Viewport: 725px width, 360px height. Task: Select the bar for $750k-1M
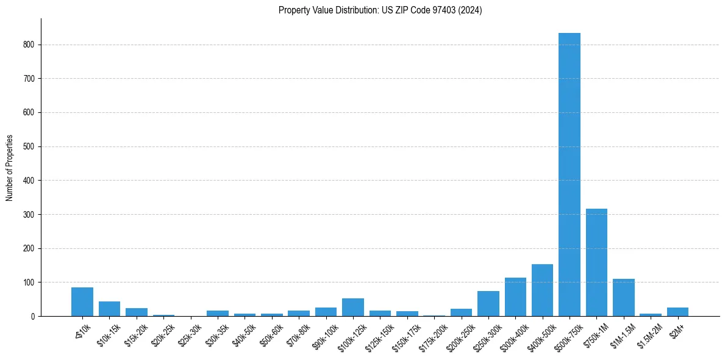[x=596, y=262]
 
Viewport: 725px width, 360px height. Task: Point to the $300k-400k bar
[x=515, y=297]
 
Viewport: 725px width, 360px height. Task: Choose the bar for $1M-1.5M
[x=623, y=298]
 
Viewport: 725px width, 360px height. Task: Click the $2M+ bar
[x=677, y=312]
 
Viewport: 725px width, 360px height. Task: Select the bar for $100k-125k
[x=353, y=308]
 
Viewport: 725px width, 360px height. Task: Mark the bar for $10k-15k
[x=109, y=309]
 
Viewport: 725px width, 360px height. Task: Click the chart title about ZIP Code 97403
[x=380, y=10]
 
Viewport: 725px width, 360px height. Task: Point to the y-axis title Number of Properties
[x=10, y=168]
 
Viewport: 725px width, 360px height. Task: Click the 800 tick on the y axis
[x=29, y=45]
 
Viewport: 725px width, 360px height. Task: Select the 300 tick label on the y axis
[x=29, y=215]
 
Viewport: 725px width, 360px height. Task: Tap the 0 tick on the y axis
[x=33, y=317]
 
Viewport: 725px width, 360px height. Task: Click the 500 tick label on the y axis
[x=29, y=146]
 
